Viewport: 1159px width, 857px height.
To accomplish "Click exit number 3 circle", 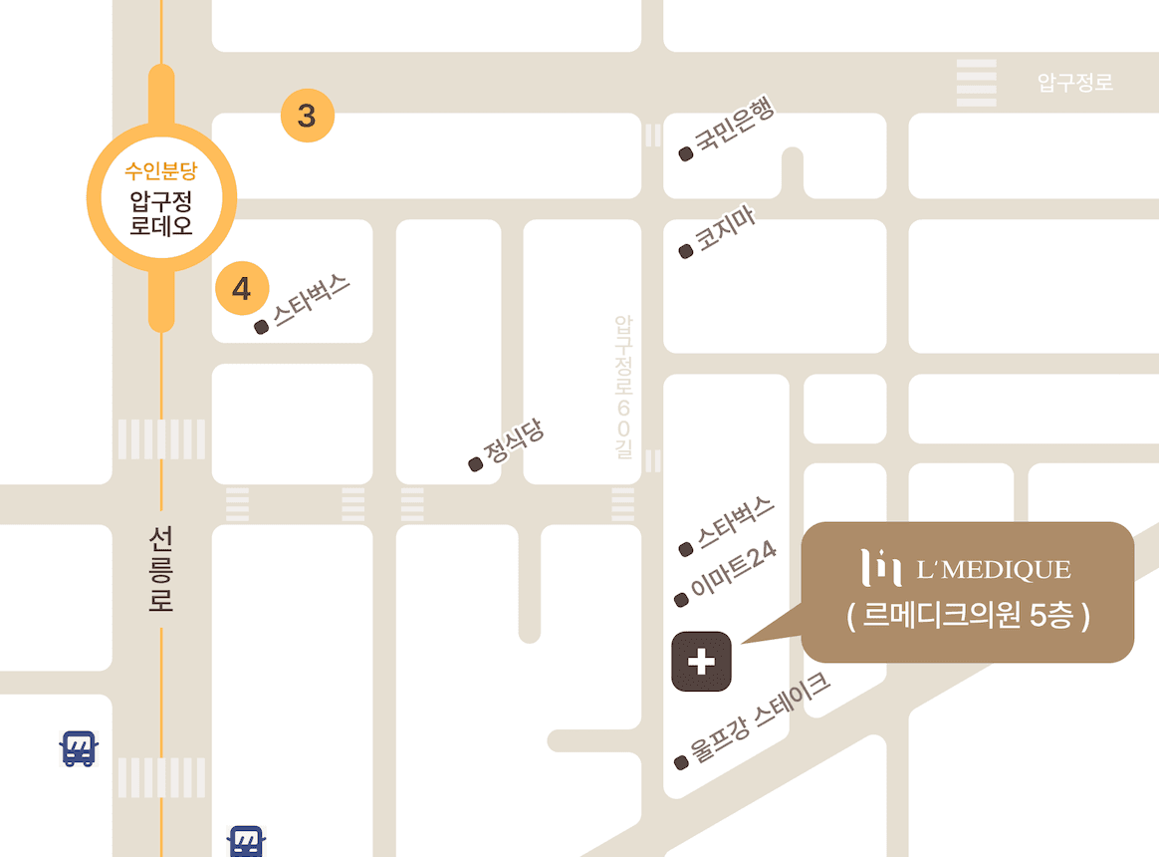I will pyautogui.click(x=307, y=117).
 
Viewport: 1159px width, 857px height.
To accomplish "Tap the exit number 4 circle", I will pyautogui.click(x=242, y=289).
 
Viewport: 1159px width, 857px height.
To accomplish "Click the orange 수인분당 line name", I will pyautogui.click(x=161, y=170).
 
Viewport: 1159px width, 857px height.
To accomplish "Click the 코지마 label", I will pyautogui.click(x=724, y=232).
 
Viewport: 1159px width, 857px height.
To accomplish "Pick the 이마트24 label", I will pyautogui.click(x=733, y=574).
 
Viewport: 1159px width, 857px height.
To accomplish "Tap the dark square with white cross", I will pyautogui.click(x=702, y=661).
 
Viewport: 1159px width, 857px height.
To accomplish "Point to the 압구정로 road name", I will pyautogui.click(x=1075, y=83).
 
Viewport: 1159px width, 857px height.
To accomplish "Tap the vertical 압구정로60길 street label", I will pyautogui.click(x=623, y=387).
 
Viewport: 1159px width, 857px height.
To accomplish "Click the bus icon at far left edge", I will pyautogui.click(x=78, y=747).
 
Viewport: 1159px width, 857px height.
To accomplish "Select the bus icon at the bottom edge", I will pyautogui.click(x=245, y=840).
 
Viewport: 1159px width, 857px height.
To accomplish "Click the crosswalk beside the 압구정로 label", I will pyautogui.click(x=976, y=83).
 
